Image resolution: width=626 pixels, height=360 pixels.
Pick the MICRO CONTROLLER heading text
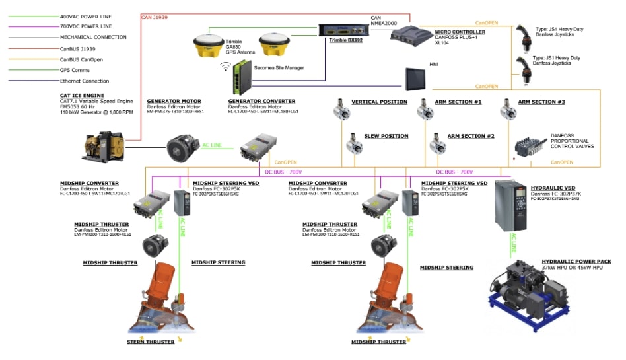[x=460, y=32]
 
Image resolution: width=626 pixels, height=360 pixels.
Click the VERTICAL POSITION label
[x=379, y=102]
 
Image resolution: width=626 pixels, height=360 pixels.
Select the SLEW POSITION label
[x=386, y=136]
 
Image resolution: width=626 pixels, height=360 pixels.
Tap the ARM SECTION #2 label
[x=471, y=136]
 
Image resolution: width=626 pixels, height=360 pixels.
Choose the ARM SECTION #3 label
[x=541, y=102]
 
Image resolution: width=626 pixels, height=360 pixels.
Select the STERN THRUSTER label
[x=151, y=342]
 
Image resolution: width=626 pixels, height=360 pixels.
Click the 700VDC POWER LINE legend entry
[x=84, y=26]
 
